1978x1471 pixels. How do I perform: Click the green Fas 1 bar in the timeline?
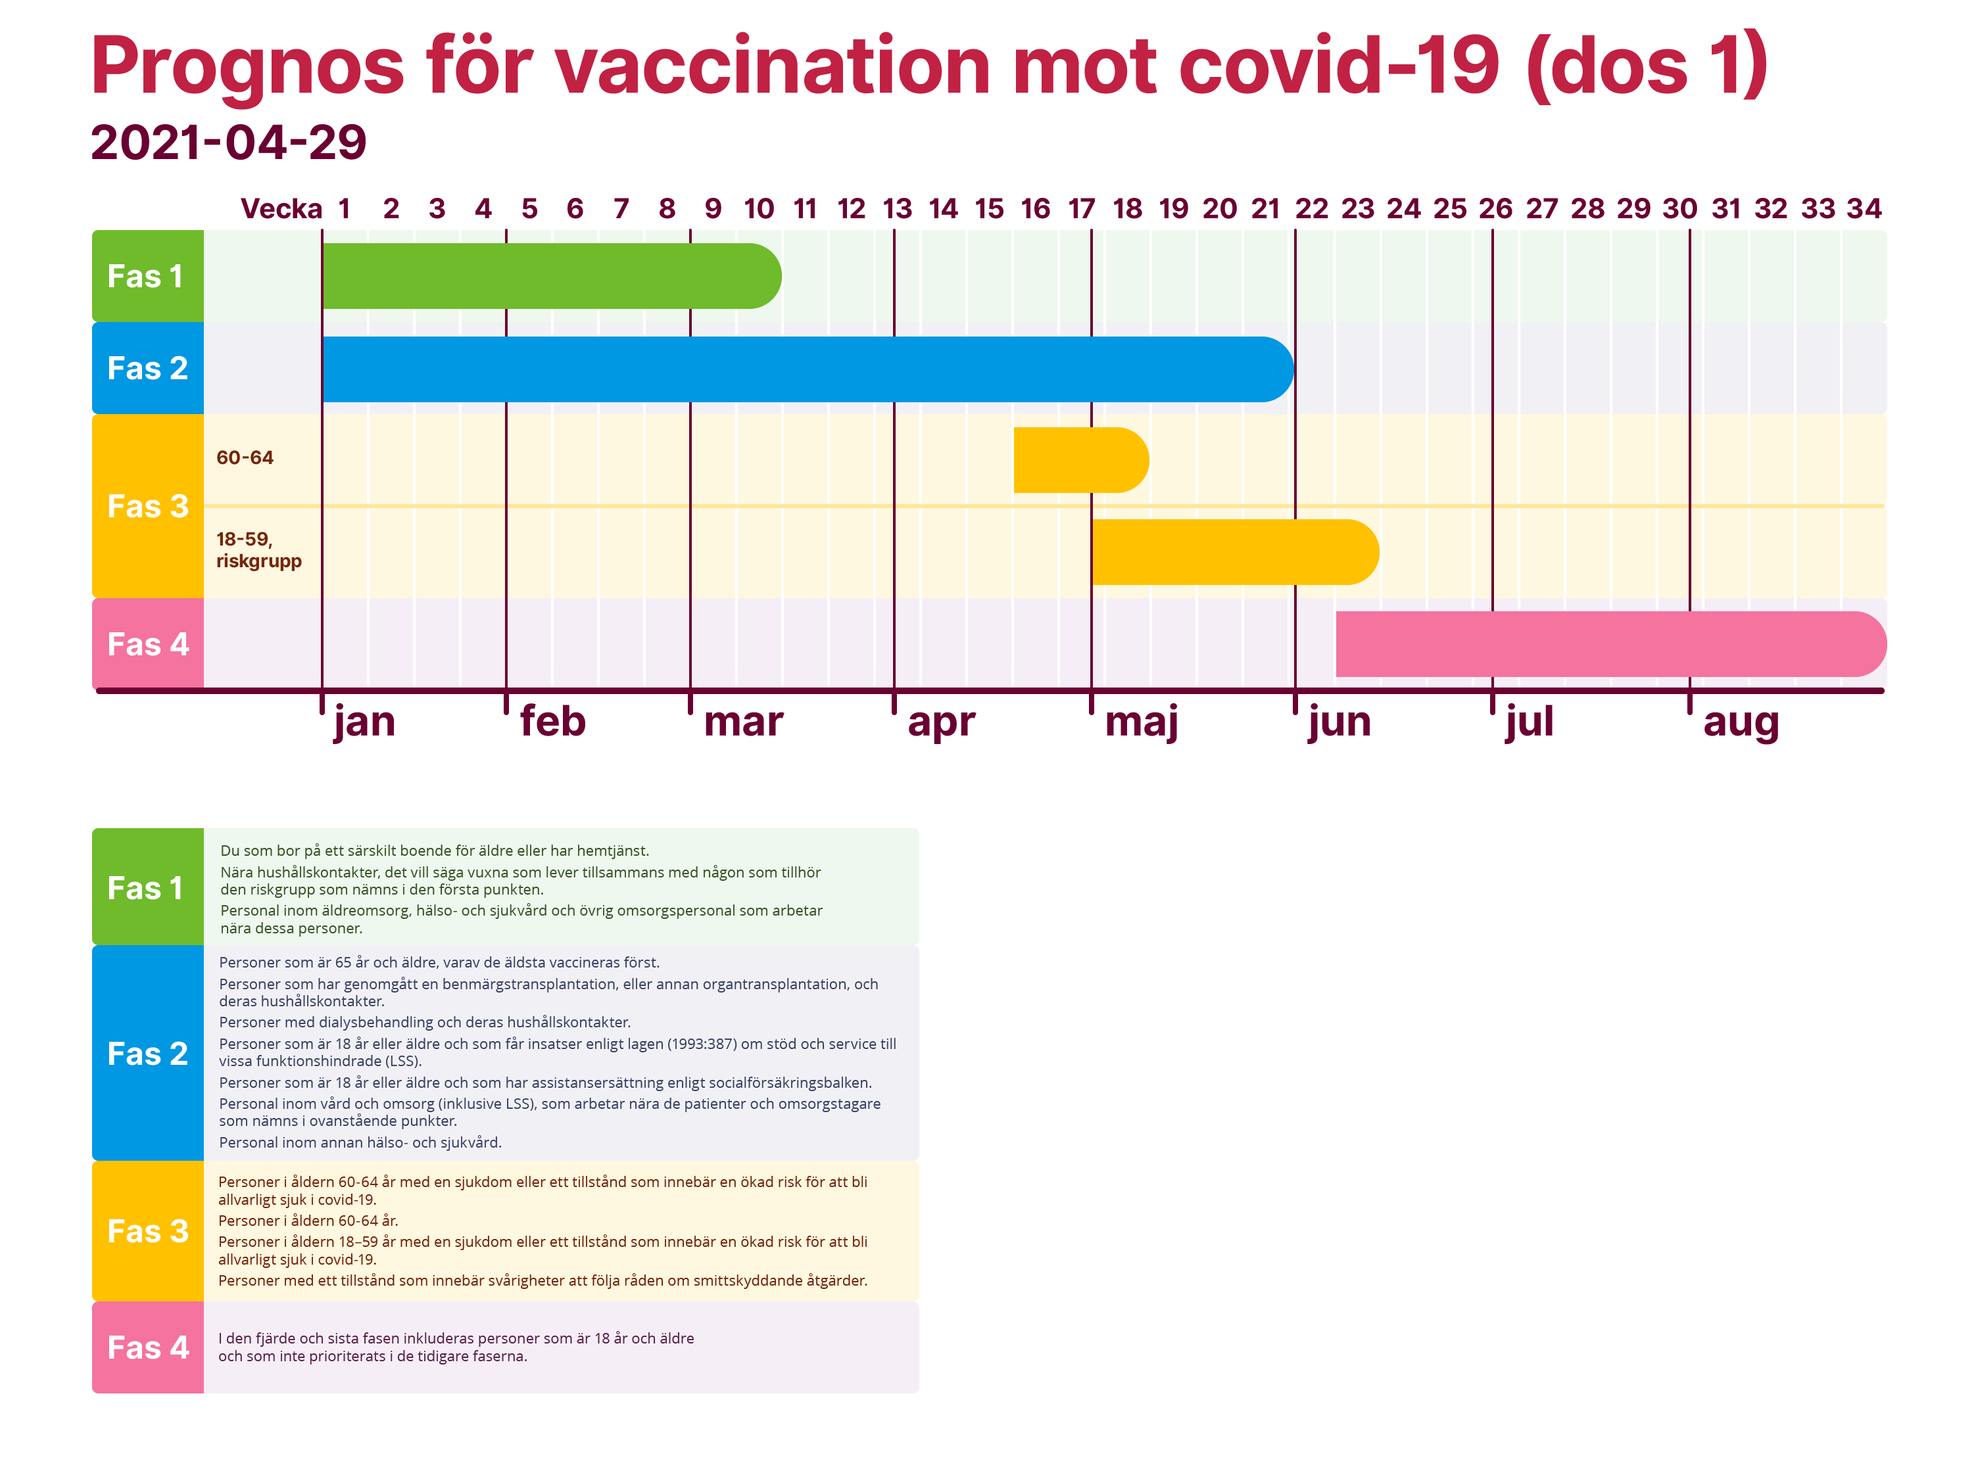point(550,276)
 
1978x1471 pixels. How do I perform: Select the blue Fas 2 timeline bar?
point(806,369)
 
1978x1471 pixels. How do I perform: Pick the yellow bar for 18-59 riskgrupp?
point(1234,552)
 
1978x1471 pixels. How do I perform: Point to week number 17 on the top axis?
point(1081,209)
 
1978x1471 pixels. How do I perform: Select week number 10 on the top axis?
point(759,209)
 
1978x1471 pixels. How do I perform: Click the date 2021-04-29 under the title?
point(229,143)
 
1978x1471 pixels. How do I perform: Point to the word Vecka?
point(281,209)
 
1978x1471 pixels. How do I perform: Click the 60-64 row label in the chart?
point(245,457)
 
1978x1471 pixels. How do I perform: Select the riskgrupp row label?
point(258,561)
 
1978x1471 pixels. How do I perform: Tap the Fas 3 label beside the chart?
point(148,505)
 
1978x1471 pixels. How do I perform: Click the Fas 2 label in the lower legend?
point(148,1054)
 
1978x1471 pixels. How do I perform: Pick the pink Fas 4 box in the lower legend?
point(148,1347)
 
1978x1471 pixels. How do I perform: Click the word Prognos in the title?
point(248,67)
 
